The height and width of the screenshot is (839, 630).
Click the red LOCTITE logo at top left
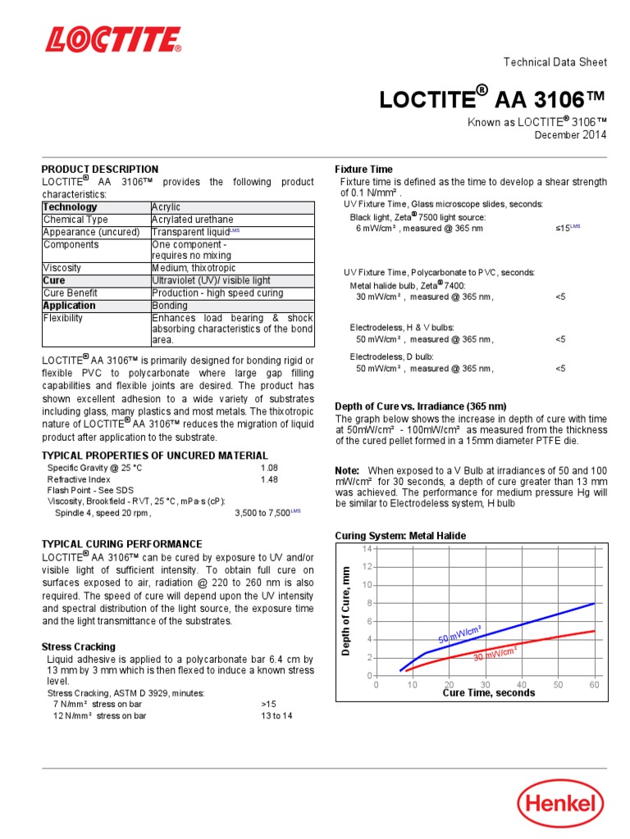(113, 40)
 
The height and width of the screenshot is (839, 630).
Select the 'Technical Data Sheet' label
(555, 62)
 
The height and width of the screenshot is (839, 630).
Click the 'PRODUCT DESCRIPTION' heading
(100, 170)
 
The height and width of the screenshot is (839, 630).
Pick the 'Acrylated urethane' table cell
(192, 220)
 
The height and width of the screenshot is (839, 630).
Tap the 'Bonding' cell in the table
(170, 306)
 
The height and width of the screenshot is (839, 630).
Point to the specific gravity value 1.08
(270, 468)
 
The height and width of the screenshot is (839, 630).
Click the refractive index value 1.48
(270, 479)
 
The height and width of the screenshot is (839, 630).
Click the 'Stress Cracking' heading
(79, 646)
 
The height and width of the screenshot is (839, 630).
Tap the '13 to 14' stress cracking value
(276, 715)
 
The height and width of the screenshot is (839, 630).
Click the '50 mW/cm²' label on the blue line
(459, 633)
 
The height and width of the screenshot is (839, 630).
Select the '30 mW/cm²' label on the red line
(495, 653)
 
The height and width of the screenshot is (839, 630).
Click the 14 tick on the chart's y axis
(367, 548)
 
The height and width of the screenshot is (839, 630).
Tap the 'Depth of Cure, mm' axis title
(346, 610)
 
